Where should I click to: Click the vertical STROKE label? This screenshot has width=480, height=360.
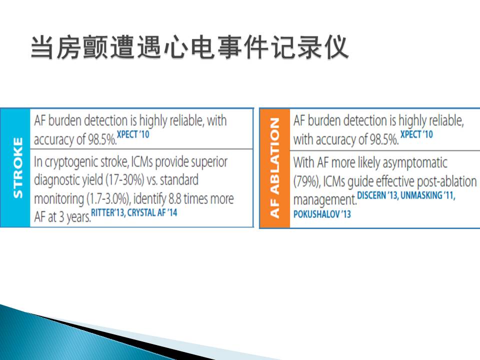[x=18, y=168]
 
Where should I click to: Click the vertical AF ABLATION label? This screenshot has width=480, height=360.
[x=274, y=168]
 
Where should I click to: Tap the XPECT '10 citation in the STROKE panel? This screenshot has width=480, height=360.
[x=133, y=134]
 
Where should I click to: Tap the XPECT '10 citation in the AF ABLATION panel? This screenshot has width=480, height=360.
[x=416, y=134]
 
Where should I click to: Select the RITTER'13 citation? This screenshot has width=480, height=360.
[x=108, y=212]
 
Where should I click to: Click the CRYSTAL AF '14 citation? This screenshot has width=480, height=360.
[x=152, y=212]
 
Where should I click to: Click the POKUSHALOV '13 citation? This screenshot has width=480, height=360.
[x=322, y=214]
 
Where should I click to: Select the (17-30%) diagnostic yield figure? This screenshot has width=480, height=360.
[x=125, y=180]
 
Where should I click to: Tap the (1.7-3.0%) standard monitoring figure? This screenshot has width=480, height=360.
[x=108, y=199]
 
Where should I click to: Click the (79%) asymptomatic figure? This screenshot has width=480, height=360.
[x=306, y=181]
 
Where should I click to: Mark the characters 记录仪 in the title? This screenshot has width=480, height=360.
[x=309, y=47]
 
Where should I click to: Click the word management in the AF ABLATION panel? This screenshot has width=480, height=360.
[x=325, y=200]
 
